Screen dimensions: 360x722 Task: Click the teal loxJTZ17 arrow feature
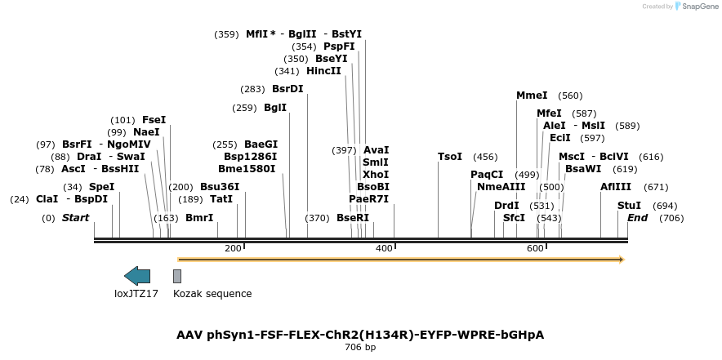click(137, 276)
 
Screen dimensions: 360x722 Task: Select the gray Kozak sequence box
click(177, 276)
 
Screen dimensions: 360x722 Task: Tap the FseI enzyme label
click(154, 120)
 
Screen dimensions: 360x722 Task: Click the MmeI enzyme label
click(532, 96)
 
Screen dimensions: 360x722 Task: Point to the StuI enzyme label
click(629, 206)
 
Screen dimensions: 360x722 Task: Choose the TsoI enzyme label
click(450, 157)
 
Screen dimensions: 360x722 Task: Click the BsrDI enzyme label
click(287, 89)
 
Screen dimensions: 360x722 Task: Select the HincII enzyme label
click(323, 71)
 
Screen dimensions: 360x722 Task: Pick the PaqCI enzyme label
click(487, 175)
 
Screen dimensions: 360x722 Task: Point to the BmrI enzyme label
click(199, 218)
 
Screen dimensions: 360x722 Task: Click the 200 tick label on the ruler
click(233, 248)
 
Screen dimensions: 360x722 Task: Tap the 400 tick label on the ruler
click(384, 248)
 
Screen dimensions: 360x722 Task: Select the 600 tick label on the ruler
click(535, 248)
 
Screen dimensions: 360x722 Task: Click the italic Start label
click(75, 218)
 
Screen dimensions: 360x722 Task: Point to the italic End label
click(637, 218)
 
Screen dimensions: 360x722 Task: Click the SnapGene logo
click(695, 7)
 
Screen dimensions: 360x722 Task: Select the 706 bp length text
click(360, 347)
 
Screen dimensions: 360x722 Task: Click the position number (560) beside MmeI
click(570, 96)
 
